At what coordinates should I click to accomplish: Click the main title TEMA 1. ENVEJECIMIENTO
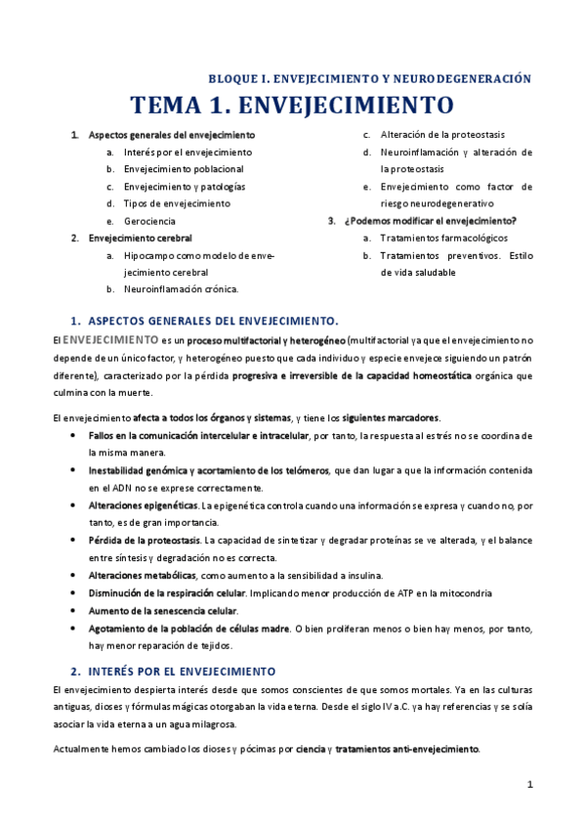coord(292,105)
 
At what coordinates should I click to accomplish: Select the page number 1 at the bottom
coord(529,784)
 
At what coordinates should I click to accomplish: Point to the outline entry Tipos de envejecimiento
coord(177,203)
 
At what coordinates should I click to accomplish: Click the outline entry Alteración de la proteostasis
coord(442,135)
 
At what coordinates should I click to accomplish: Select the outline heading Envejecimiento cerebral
coord(140,238)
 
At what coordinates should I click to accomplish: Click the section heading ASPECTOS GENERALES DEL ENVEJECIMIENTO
coord(213,321)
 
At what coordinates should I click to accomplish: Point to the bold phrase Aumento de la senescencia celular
coord(162,610)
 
